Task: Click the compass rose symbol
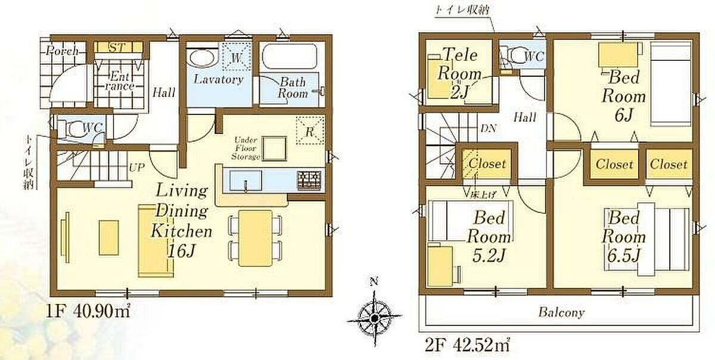pyautogui.click(x=374, y=318)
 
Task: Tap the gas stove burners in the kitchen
pyautogui.click(x=309, y=181)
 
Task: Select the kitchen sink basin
pyautogui.click(x=245, y=181)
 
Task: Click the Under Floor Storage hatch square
pyautogui.click(x=275, y=148)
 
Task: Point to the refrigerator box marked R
pyautogui.click(x=310, y=131)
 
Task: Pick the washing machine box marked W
pyautogui.click(x=236, y=56)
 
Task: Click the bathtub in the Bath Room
pyautogui.click(x=290, y=57)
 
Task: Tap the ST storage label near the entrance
pyautogui.click(x=117, y=48)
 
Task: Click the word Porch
pyautogui.click(x=62, y=51)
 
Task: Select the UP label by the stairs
pyautogui.click(x=136, y=167)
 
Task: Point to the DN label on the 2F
pyautogui.click(x=489, y=128)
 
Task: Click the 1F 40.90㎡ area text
pyautogui.click(x=88, y=311)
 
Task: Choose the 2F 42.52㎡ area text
pyautogui.click(x=467, y=345)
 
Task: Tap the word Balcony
pyautogui.click(x=561, y=312)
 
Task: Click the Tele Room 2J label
pyautogui.click(x=459, y=73)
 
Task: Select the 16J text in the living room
pyautogui.click(x=181, y=251)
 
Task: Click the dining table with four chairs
pyautogui.click(x=256, y=238)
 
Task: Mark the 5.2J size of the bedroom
pyautogui.click(x=489, y=256)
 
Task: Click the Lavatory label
pyautogui.click(x=218, y=79)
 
